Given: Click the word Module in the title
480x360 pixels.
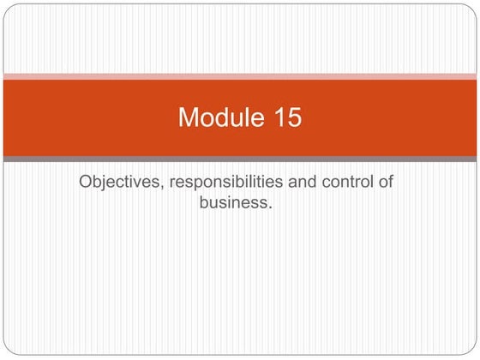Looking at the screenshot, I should [219, 117].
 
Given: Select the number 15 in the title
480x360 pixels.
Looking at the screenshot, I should [285, 117].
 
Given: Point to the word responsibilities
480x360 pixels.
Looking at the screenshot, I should [219, 183].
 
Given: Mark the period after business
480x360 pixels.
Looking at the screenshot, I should [269, 208].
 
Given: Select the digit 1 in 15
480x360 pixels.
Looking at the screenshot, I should [276, 117].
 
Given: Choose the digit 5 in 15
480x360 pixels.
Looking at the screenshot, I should [293, 117].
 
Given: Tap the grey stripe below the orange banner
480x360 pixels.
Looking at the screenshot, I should [240, 159].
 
